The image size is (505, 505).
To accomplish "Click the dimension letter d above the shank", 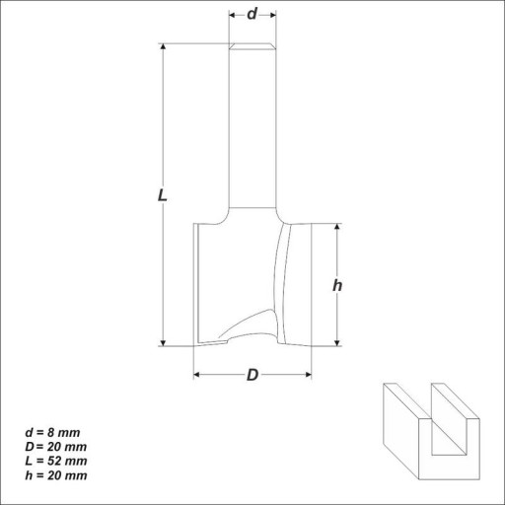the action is tap(252, 14).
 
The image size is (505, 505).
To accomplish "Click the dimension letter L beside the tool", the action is tap(163, 195).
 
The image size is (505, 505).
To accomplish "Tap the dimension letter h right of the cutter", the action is tap(337, 285).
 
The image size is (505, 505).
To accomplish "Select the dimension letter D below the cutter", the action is tap(252, 375).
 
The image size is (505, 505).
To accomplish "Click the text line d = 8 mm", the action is tap(52, 433).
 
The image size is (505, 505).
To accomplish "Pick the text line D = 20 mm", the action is tap(56, 447).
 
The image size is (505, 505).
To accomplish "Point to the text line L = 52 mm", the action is tap(56, 461).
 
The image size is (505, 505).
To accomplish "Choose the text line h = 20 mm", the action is tap(56, 475).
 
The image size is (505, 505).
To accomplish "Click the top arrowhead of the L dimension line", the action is tap(163, 46).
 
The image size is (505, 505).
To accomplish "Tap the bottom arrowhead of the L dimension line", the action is tap(163, 343).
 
